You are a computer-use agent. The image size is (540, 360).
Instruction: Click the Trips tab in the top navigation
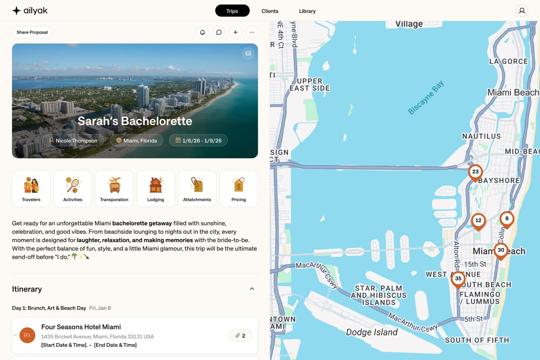click(x=232, y=11)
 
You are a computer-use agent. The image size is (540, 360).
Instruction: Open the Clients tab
click(x=270, y=11)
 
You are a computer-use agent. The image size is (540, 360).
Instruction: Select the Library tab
click(x=307, y=11)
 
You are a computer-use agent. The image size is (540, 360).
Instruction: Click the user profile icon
click(x=522, y=11)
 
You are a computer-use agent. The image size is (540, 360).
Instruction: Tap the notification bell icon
click(x=203, y=32)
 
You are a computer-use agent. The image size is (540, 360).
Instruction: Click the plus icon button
click(x=236, y=32)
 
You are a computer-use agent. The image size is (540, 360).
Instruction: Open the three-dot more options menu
click(x=252, y=32)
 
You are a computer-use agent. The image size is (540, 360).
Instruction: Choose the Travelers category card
click(x=31, y=189)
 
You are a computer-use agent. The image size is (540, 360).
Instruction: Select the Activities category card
click(x=73, y=189)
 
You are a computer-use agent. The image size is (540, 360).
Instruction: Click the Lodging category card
click(x=155, y=189)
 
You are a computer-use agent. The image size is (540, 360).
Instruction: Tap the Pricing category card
click(x=239, y=189)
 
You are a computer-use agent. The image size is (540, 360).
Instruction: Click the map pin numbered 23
click(x=475, y=172)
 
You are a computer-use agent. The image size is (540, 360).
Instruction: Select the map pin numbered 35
click(x=458, y=279)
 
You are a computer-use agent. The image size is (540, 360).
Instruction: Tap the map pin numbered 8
click(x=507, y=219)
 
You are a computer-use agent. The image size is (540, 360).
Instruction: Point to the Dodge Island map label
click(x=371, y=332)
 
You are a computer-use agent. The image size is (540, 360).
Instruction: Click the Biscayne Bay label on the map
click(x=425, y=97)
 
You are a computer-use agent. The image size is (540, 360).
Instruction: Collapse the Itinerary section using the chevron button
click(x=252, y=289)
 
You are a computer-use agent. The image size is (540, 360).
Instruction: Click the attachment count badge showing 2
click(x=240, y=335)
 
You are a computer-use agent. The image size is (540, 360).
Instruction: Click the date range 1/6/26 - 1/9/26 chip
click(x=198, y=141)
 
